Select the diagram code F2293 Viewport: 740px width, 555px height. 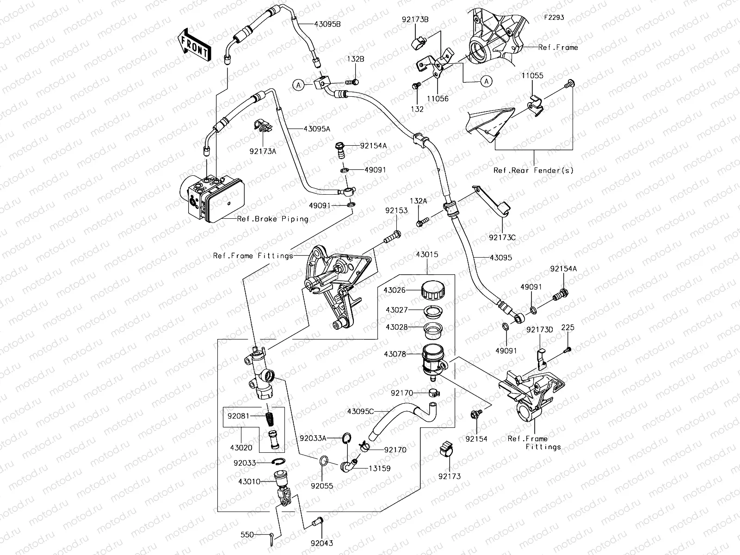point(554,18)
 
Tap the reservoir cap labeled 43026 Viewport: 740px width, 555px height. point(433,290)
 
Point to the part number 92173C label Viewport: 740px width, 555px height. point(502,238)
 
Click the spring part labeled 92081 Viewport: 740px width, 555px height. point(270,415)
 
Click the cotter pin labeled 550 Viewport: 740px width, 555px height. point(272,536)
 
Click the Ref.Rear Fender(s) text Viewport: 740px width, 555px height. point(533,170)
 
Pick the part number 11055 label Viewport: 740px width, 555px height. point(533,75)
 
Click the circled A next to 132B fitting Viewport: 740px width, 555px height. point(299,85)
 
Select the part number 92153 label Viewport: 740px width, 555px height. point(396,210)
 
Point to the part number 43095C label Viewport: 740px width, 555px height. point(361,411)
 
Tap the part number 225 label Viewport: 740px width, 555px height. point(567,327)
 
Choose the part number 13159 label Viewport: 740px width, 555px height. point(379,469)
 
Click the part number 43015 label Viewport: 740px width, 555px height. point(426,255)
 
